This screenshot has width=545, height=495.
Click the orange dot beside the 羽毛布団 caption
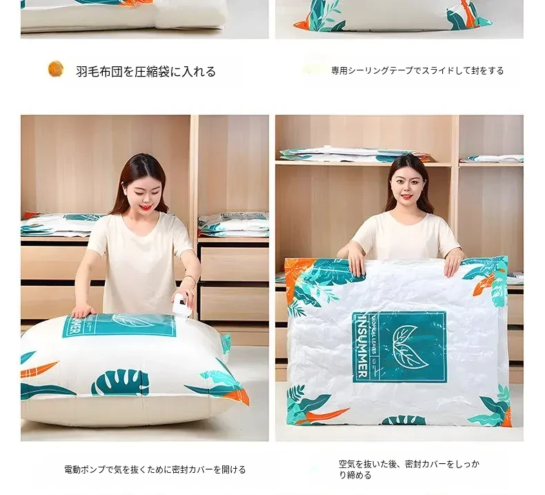coord(56,68)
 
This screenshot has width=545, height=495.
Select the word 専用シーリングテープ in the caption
coord(372,70)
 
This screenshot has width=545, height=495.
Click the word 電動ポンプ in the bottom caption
coord(84,469)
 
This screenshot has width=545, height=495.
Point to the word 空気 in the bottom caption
coord(347,464)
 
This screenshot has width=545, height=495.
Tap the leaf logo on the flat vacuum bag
coord(410,347)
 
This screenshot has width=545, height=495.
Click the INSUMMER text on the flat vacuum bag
coord(362,347)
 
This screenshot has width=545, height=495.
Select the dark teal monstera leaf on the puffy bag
coord(120,382)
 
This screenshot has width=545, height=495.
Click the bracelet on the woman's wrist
coord(189,278)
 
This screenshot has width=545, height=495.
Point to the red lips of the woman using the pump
coord(146,207)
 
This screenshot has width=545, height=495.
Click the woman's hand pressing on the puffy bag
coord(82,311)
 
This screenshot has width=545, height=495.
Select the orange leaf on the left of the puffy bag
coord(39,370)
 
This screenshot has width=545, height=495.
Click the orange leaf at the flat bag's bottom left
coord(321,416)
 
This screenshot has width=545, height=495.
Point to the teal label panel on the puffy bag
coord(119,325)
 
